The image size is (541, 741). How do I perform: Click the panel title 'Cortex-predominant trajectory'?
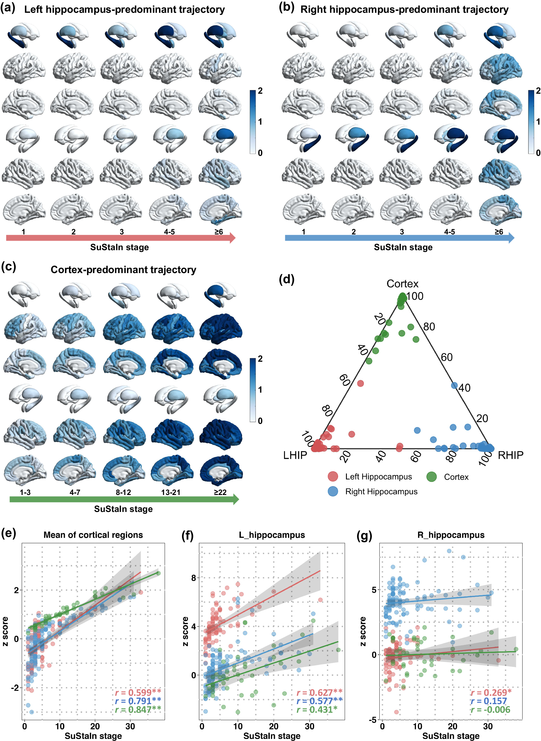[x=123, y=270]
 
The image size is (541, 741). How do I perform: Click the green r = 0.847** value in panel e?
[x=138, y=709]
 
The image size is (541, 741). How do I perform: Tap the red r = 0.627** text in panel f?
[x=319, y=693]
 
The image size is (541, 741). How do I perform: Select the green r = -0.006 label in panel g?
[x=490, y=709]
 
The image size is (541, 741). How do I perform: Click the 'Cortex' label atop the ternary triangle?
[x=402, y=284]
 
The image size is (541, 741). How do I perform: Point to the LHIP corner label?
[x=295, y=455]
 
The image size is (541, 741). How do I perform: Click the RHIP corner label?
[x=510, y=455]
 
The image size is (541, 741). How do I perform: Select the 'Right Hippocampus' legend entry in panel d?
[x=381, y=491]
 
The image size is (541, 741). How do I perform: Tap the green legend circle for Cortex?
[x=431, y=477]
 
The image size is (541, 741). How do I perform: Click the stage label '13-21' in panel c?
[x=171, y=492]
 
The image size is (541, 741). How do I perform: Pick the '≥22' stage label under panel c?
[x=220, y=492]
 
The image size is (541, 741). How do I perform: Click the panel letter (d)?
[x=286, y=280]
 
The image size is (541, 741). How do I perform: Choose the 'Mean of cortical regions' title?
[x=93, y=535]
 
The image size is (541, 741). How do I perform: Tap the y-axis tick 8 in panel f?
[x=194, y=578]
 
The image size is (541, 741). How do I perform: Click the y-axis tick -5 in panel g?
[x=372, y=720]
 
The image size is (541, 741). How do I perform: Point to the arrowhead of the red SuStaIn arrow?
[x=233, y=238]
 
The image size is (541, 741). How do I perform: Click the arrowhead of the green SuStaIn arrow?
[x=236, y=499]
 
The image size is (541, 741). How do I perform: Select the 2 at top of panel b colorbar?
[x=538, y=91]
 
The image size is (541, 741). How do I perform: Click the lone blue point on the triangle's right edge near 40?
[x=454, y=386]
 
